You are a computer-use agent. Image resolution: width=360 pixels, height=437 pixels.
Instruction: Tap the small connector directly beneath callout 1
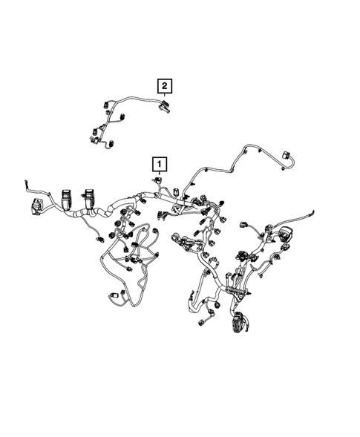click(159, 180)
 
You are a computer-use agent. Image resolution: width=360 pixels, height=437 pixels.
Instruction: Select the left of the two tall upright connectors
click(68, 199)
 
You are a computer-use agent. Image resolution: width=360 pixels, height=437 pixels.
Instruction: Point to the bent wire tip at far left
click(27, 180)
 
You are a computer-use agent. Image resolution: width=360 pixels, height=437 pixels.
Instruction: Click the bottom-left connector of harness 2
click(94, 136)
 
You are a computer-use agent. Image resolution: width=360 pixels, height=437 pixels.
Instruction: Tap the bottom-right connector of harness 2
click(111, 144)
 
